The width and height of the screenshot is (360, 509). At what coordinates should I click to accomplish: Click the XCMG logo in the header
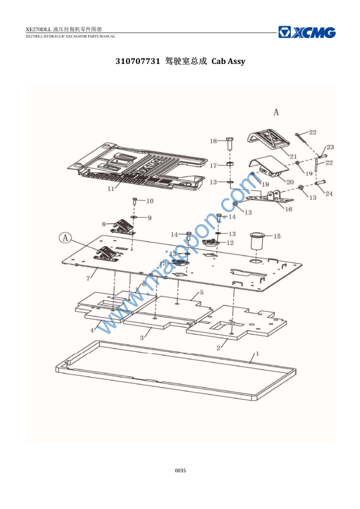tap(307, 32)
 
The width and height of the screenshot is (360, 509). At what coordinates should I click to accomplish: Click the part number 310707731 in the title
tap(138, 61)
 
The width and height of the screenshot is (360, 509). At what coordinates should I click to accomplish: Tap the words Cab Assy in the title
tap(228, 61)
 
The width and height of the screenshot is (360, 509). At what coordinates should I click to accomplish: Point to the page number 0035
tap(180, 470)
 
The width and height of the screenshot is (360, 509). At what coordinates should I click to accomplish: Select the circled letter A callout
tap(65, 238)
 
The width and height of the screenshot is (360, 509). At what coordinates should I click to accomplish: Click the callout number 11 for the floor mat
tap(111, 189)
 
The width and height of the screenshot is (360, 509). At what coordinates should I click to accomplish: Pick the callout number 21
tap(293, 157)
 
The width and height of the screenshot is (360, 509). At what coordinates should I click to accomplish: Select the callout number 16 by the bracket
tap(289, 209)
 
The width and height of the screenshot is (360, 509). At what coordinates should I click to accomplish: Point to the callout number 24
tap(329, 193)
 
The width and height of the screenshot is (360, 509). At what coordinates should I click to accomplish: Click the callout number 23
tap(330, 147)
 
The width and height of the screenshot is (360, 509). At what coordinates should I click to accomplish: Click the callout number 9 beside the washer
tap(150, 217)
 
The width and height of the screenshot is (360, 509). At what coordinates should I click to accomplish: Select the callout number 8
tap(104, 224)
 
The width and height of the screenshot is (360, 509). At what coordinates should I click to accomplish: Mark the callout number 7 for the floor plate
tap(88, 278)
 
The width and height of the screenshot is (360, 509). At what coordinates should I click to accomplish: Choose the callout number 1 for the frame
tap(258, 353)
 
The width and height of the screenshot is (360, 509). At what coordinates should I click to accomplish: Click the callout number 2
tap(219, 348)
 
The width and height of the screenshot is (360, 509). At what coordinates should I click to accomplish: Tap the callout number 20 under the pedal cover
tap(290, 182)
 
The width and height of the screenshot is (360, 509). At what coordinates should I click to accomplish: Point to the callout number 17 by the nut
tap(213, 166)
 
